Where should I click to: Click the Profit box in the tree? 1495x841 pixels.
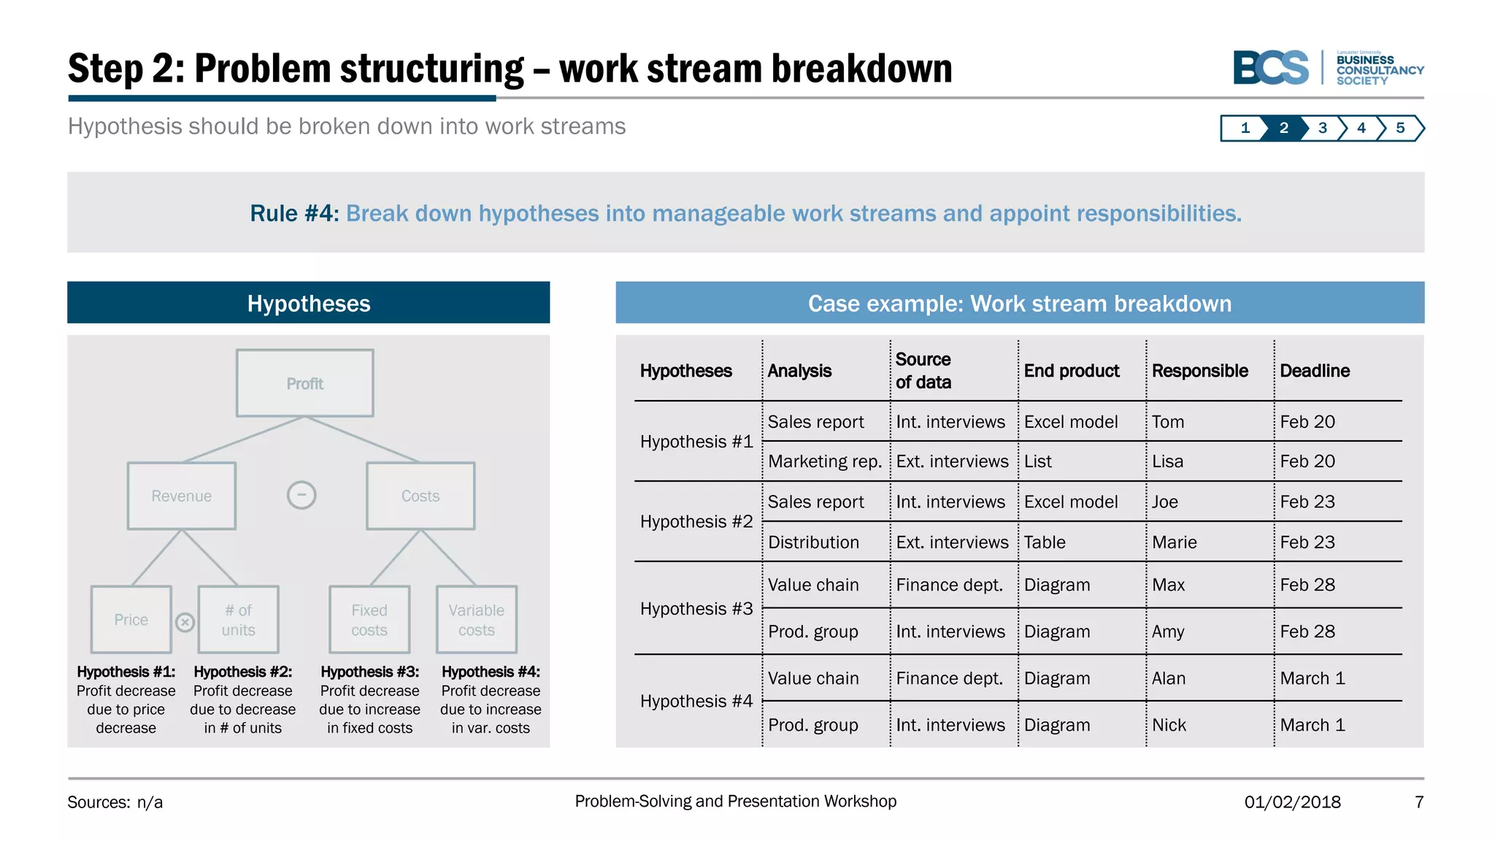point(304,383)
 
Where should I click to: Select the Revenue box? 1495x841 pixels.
point(181,496)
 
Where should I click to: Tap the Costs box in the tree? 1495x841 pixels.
point(420,496)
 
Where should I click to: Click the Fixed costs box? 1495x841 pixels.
point(369,620)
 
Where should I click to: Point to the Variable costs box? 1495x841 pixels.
point(477,620)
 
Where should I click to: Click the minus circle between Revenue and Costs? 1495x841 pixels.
point(301,495)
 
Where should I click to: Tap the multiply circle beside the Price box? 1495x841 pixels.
point(185,622)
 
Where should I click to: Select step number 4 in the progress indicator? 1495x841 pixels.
point(1361,128)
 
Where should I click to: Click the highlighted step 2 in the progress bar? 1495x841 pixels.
point(1284,128)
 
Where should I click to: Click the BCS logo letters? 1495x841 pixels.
point(1271,68)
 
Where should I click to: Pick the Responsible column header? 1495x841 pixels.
point(1200,371)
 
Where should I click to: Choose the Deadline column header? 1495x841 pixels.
point(1315,371)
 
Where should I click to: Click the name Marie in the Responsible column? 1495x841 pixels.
point(1175,542)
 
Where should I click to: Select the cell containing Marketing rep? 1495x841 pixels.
point(825,461)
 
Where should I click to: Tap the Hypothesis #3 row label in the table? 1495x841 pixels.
point(696,609)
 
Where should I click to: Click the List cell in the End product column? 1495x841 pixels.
point(1038,461)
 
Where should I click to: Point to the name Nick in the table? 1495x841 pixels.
point(1169,725)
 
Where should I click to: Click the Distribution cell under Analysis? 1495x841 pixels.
point(813,542)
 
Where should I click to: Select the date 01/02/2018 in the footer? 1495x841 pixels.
point(1293,802)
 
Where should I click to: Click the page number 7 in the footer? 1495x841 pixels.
point(1419,802)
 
